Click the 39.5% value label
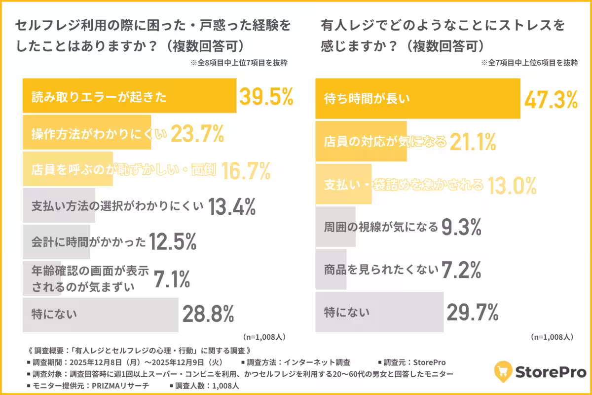tap(266, 97)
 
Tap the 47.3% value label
tap(551, 99)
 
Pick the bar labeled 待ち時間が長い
tap(417, 99)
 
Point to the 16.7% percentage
tap(246, 170)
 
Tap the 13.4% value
tap(231, 207)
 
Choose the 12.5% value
tap(173, 242)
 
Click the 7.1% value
tap(172, 279)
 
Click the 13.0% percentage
tap(512, 186)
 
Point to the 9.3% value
tap(462, 227)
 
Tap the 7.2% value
tap(462, 269)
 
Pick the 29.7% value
tap(473, 312)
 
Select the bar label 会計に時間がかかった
tap(89, 242)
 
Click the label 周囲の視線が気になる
tap(381, 227)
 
